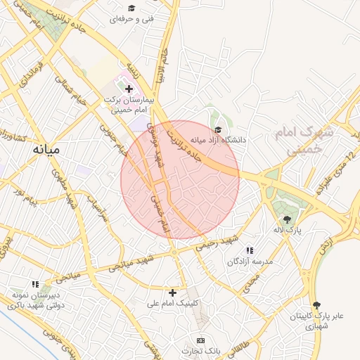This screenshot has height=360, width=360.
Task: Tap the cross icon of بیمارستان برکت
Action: (x=128, y=89)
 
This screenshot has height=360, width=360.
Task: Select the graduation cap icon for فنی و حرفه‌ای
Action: (x=131, y=8)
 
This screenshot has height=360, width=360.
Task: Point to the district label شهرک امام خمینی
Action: (x=313, y=141)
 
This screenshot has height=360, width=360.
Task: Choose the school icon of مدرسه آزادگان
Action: (x=249, y=250)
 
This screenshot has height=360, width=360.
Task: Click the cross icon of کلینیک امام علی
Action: (x=173, y=292)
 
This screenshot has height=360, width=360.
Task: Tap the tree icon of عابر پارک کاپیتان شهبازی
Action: (x=316, y=305)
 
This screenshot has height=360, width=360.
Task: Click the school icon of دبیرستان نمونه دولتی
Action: (x=35, y=285)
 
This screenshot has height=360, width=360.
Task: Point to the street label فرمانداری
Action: (x=29, y=73)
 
